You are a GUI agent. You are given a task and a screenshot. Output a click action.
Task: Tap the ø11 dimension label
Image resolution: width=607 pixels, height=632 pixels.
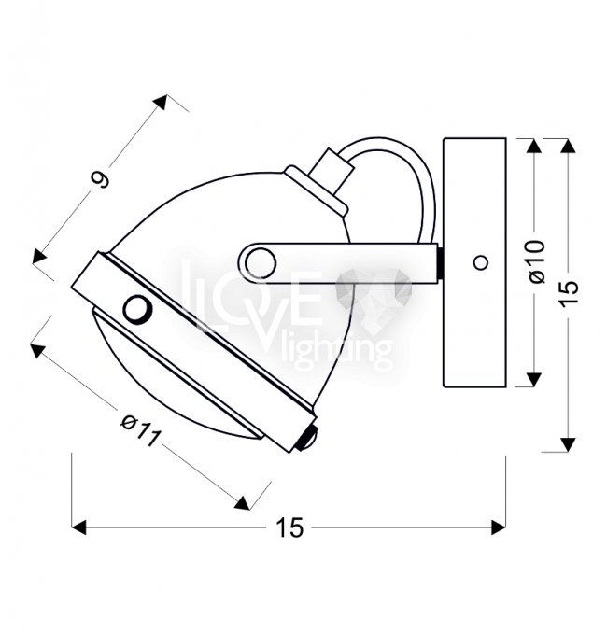[x=141, y=431]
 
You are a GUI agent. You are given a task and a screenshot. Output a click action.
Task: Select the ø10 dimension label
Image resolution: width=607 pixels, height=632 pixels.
[x=538, y=261]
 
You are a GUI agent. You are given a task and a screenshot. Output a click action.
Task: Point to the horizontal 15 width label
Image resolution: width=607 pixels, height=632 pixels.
[x=289, y=527]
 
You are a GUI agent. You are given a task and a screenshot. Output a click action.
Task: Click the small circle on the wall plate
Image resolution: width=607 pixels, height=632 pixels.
[x=480, y=263]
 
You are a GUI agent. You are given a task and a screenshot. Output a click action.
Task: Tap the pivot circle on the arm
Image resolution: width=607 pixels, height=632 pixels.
[x=261, y=263]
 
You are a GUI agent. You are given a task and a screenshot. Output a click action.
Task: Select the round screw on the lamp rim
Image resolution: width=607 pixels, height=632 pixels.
[x=137, y=309]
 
